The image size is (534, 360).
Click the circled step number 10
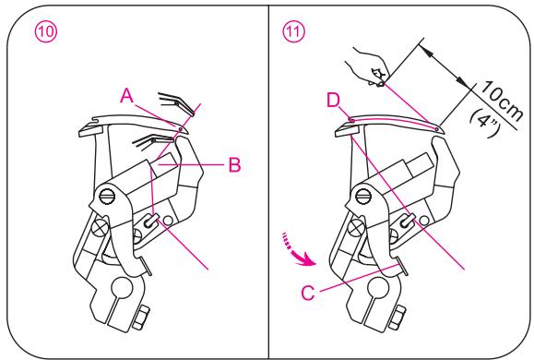pos(46,31)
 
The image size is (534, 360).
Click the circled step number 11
pos(293,31)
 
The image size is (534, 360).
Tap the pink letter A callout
pos(126,95)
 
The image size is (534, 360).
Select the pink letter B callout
pos(234,164)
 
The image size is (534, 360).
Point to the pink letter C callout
pos(308,293)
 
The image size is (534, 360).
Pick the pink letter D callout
pos(334,101)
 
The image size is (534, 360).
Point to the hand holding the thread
pos(369,67)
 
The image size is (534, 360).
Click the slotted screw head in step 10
pos(107,196)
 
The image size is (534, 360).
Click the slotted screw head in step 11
pos(363,197)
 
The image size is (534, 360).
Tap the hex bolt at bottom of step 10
pos(141,318)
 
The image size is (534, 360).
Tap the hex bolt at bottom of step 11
pos(398,318)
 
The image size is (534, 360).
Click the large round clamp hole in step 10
pos(122,287)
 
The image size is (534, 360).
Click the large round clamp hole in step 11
pos(378,287)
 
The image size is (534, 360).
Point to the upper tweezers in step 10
pos(176,103)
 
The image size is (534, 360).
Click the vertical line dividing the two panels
pos(268,181)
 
